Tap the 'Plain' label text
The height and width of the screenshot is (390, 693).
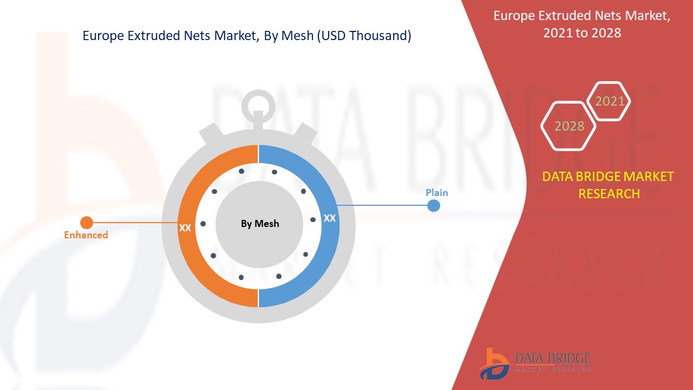[x=436, y=192]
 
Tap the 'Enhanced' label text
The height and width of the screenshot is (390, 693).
[x=86, y=235]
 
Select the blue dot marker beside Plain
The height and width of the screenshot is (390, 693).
[x=433, y=206]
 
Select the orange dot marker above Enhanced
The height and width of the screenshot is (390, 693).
[x=87, y=223]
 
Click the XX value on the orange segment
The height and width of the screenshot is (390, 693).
[x=185, y=228]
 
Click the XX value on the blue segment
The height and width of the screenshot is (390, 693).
[x=330, y=218]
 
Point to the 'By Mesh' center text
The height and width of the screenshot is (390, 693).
[x=260, y=224]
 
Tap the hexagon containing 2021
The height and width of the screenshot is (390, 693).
[x=610, y=101]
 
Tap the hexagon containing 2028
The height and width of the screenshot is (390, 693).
[x=569, y=126]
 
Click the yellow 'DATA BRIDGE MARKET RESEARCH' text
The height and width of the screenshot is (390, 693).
[x=608, y=185]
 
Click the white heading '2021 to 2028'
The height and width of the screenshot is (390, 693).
[x=582, y=33]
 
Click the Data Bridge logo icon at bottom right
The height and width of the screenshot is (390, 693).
[x=493, y=363]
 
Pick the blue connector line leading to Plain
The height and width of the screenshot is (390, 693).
[x=384, y=205]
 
